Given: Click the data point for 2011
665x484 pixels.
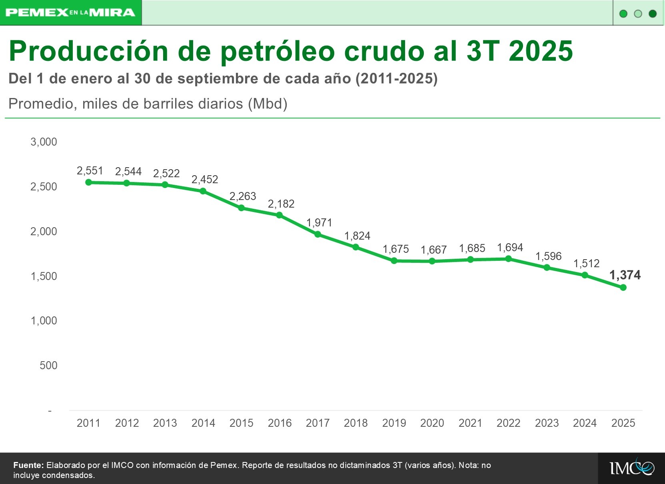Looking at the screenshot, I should click(89, 182).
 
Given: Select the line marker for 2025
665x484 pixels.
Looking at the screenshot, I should click(623, 288).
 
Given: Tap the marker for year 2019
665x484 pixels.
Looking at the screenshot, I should click(394, 261).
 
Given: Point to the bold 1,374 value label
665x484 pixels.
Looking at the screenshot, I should click(625, 275).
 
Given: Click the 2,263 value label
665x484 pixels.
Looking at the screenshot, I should click(243, 196).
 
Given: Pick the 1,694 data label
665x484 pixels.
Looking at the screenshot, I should click(510, 248).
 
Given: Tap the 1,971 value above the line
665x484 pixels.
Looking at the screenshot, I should click(319, 223).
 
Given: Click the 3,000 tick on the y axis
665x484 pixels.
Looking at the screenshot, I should click(44, 142).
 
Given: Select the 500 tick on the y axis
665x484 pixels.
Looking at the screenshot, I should click(48, 365).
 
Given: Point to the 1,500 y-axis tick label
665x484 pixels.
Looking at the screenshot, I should click(44, 276).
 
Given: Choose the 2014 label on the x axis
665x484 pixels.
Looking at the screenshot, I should click(203, 423).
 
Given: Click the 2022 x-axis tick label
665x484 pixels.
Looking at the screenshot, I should click(508, 423).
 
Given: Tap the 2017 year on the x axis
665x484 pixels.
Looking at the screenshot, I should click(318, 423).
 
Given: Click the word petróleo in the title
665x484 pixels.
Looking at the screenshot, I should click(278, 52).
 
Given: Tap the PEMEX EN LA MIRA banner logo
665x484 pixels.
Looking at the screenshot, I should click(70, 13).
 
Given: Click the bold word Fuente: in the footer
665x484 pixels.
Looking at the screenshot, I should click(28, 465).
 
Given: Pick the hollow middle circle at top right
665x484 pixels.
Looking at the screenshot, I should click(638, 14).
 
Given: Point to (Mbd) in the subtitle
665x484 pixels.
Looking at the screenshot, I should click(268, 104).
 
